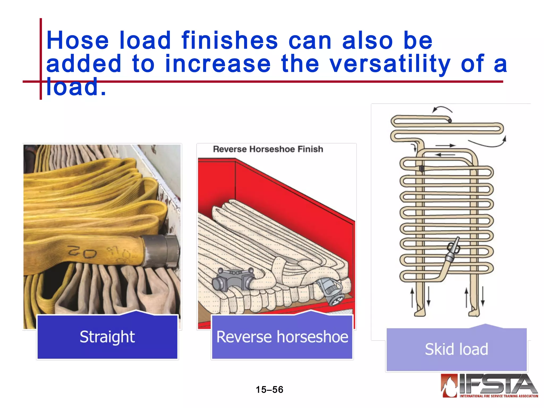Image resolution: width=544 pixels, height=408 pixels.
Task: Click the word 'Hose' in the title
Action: [78, 40]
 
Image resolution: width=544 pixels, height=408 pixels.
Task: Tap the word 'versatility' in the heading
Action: [390, 64]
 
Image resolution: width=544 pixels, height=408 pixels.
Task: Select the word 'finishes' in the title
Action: [229, 40]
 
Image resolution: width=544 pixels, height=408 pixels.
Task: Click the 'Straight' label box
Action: [107, 337]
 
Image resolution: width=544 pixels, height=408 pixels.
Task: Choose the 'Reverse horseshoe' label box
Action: [282, 337]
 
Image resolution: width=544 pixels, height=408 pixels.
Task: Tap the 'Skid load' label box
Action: [456, 349]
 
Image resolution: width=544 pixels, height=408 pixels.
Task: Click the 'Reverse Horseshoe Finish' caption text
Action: [268, 149]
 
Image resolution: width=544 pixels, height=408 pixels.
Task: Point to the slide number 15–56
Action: [269, 390]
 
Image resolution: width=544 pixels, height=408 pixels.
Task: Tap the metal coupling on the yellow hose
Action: [161, 250]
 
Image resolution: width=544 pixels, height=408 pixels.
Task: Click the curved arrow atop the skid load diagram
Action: [442, 109]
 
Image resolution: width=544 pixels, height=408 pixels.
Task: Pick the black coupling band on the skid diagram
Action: [422, 168]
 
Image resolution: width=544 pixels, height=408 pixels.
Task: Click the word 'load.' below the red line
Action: [76, 87]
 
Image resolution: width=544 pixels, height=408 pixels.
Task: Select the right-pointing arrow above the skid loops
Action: [445, 146]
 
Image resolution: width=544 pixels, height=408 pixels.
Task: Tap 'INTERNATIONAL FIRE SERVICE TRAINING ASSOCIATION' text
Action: [499, 396]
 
